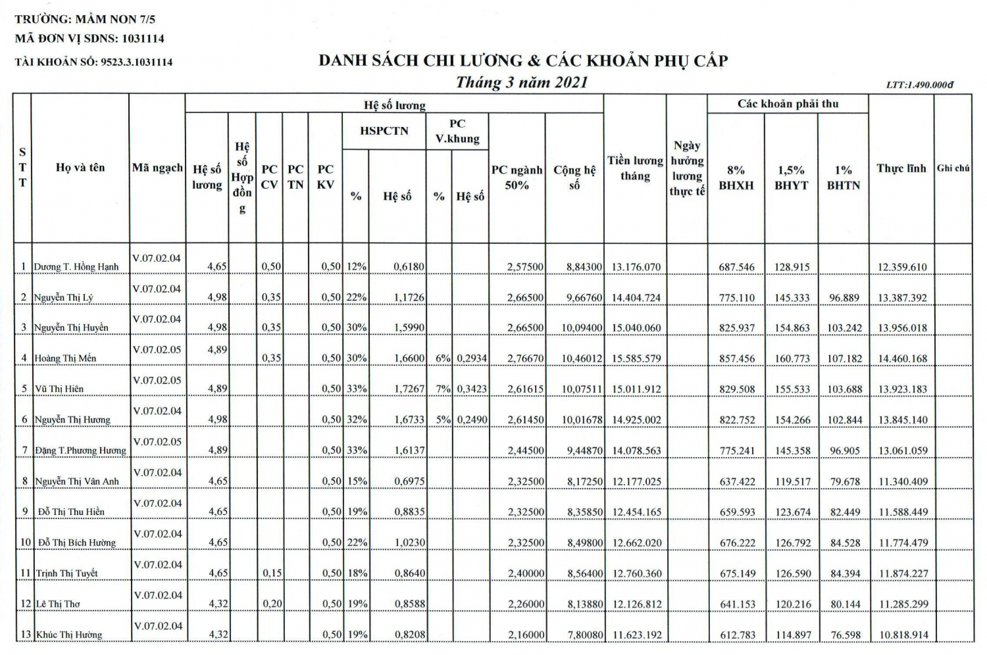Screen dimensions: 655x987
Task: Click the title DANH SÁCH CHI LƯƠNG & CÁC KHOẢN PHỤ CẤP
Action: pyautogui.click(x=523, y=61)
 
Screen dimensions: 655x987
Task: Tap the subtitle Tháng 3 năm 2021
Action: pyautogui.click(x=521, y=83)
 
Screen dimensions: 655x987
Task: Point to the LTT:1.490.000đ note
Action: pyautogui.click(x=919, y=85)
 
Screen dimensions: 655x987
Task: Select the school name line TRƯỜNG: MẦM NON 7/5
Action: pyautogui.click(x=85, y=20)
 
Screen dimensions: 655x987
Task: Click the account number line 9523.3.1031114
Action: pyautogui.click(x=93, y=62)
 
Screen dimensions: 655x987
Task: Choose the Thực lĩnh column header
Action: pyautogui.click(x=901, y=168)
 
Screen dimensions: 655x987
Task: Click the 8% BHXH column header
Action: pyautogui.click(x=736, y=178)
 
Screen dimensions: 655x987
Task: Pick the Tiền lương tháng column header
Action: pyautogui.click(x=635, y=168)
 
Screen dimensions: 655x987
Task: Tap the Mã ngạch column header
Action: pyautogui.click(x=157, y=168)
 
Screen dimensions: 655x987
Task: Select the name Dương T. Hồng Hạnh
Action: pyautogui.click(x=76, y=267)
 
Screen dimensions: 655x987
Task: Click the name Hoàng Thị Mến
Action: pyautogui.click(x=65, y=358)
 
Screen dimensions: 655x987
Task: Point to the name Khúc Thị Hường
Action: pyautogui.click(x=69, y=635)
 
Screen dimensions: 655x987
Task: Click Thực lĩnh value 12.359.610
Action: pyautogui.click(x=902, y=267)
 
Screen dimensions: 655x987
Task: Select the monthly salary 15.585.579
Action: pyautogui.click(x=636, y=358)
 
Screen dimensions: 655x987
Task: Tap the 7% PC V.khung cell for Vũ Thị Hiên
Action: pyautogui.click(x=442, y=389)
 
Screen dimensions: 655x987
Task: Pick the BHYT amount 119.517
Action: pyautogui.click(x=792, y=481)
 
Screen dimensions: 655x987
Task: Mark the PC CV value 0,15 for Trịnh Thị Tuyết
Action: pyautogui.click(x=271, y=573)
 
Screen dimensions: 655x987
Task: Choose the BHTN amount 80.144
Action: pyautogui.click(x=844, y=604)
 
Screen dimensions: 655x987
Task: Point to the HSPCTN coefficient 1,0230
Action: pyautogui.click(x=409, y=543)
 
